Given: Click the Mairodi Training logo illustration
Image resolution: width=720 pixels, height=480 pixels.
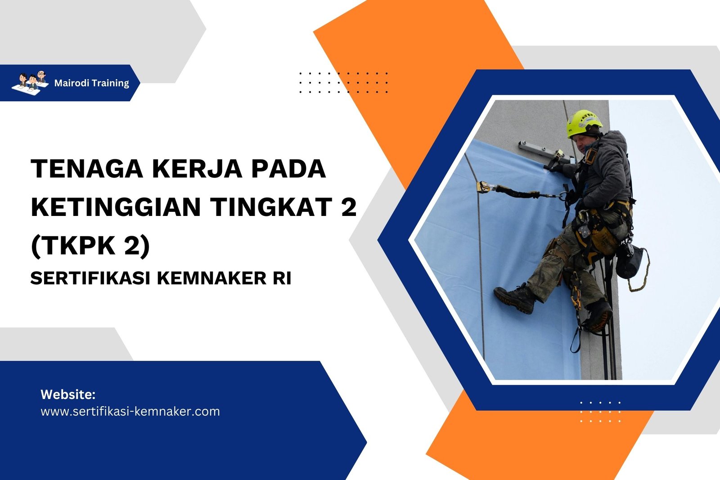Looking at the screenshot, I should pyautogui.click(x=30, y=82).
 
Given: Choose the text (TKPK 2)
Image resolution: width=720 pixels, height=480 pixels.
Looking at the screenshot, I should pyautogui.click(x=90, y=246).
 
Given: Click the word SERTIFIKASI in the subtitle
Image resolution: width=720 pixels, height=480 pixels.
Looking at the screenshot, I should pyautogui.click(x=90, y=278).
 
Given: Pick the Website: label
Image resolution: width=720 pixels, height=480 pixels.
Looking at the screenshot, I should pyautogui.click(x=68, y=395).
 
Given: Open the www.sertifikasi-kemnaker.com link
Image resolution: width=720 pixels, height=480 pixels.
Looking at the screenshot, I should pyautogui.click(x=130, y=412).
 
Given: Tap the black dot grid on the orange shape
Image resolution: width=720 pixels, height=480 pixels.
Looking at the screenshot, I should pyautogui.click(x=343, y=82).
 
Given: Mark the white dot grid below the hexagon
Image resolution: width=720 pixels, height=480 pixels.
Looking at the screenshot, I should pyautogui.click(x=600, y=412).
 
